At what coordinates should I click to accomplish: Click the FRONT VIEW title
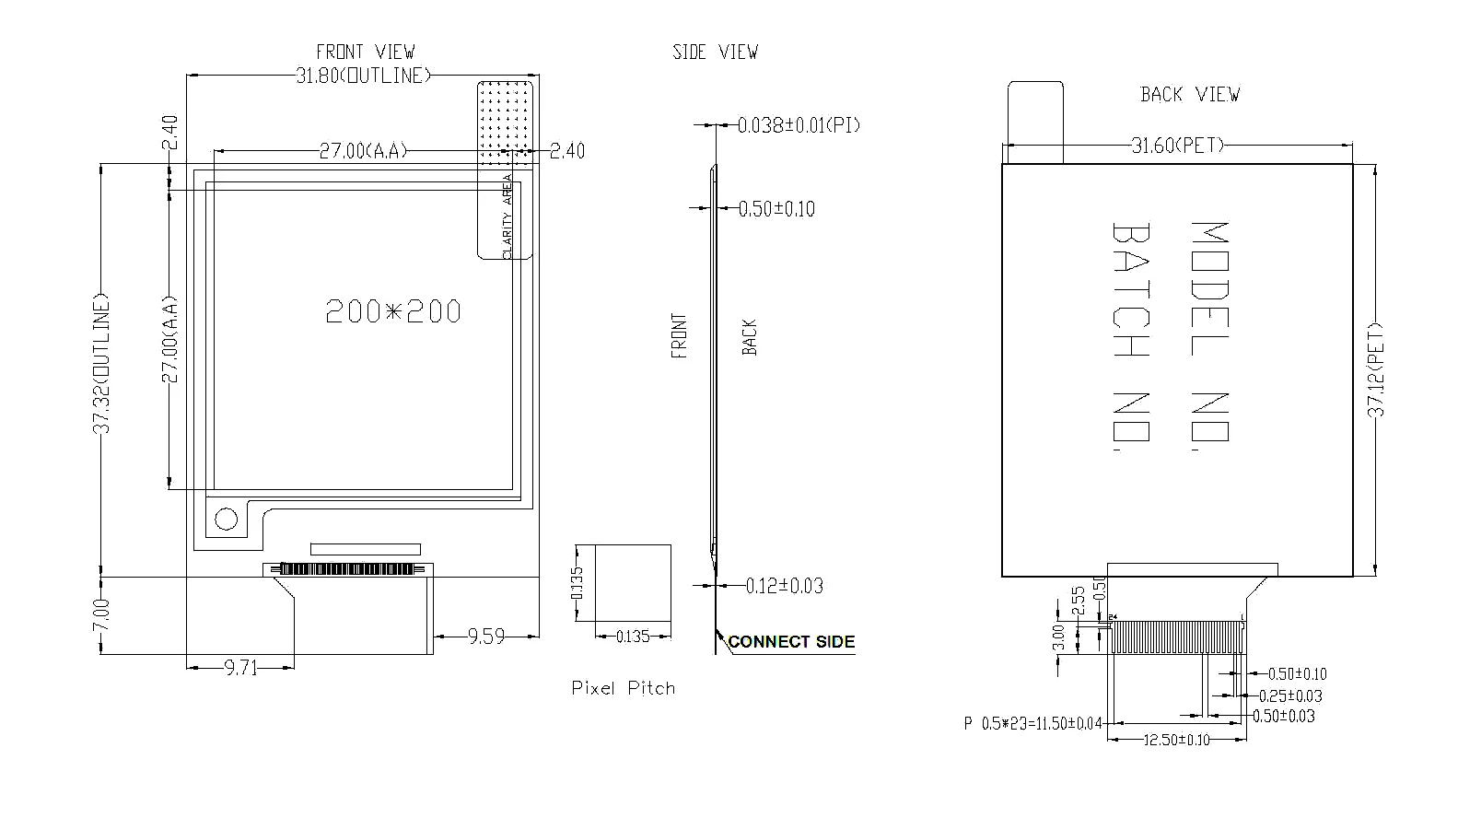click(x=365, y=53)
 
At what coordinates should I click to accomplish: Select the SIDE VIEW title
click(x=715, y=53)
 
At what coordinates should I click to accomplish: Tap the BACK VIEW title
click(x=1190, y=95)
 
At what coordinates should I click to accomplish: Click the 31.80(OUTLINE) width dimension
click(x=363, y=76)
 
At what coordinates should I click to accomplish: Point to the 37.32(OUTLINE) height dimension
click(x=102, y=364)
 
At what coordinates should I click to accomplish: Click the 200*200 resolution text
click(x=393, y=311)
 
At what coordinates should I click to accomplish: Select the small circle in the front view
click(x=226, y=520)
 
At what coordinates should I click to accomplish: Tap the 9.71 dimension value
click(x=240, y=668)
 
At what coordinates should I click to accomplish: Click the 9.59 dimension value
click(x=486, y=637)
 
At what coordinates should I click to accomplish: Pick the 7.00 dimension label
click(x=102, y=615)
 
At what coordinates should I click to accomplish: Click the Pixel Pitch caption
click(x=624, y=688)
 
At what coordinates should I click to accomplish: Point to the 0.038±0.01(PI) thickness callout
click(x=799, y=125)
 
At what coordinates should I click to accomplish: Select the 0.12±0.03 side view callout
click(x=784, y=586)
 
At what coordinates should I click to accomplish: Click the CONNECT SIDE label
click(x=791, y=642)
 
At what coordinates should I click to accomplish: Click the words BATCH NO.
click(x=1130, y=336)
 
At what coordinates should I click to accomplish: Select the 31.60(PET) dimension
click(x=1177, y=146)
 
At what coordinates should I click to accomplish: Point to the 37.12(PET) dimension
click(x=1376, y=369)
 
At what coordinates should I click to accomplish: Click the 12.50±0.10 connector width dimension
click(x=1176, y=740)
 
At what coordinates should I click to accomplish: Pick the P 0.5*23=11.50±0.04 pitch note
click(x=1032, y=724)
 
